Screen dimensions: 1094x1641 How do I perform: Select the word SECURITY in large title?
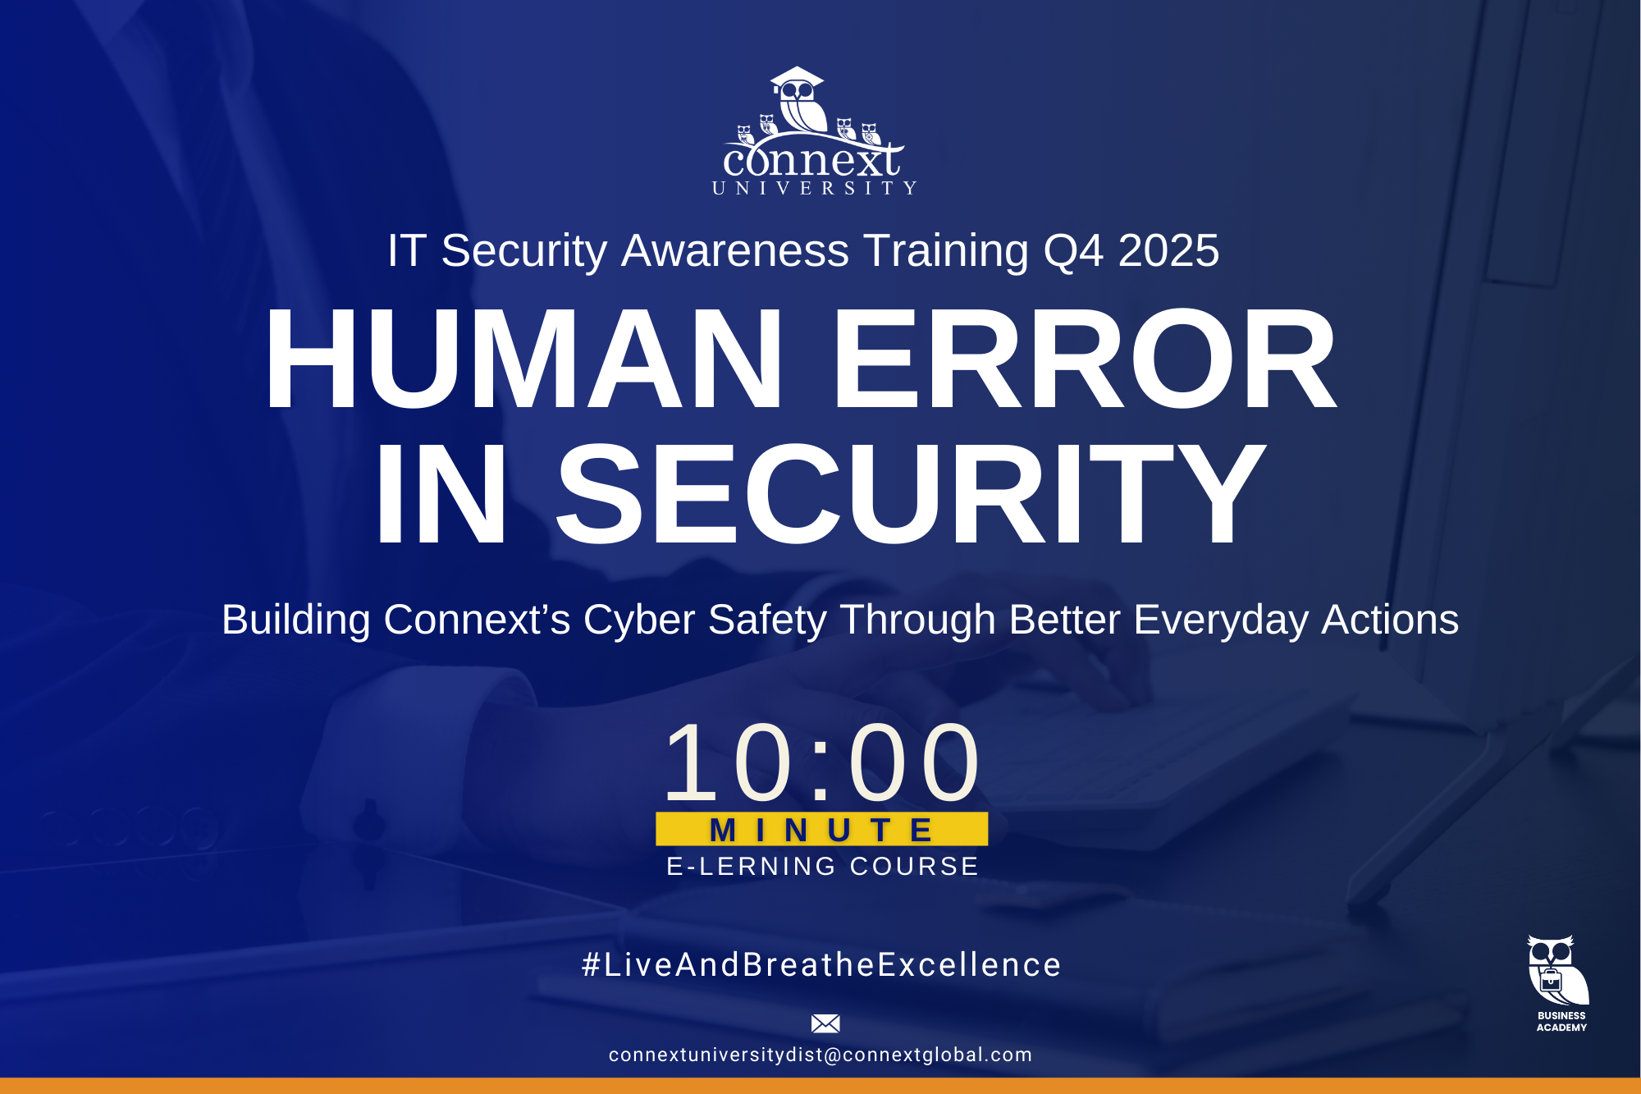point(911,494)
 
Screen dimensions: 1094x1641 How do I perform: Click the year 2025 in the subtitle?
point(1168,250)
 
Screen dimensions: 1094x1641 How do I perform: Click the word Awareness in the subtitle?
point(734,250)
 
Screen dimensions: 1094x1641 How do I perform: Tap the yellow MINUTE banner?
point(821,830)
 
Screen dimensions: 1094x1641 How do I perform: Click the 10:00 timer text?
point(821,762)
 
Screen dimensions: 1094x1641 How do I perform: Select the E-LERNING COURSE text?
point(822,867)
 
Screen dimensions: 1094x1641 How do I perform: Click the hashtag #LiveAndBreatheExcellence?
point(821,965)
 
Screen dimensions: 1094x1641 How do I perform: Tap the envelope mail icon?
point(825,1023)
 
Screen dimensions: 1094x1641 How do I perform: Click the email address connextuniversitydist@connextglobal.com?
point(820,1055)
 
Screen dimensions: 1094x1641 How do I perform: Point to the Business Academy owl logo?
point(1557,970)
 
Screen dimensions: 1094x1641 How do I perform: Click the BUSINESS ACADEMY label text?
point(1561,1022)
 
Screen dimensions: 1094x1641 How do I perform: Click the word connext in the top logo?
point(812,160)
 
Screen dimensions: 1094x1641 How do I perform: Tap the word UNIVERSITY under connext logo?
point(814,189)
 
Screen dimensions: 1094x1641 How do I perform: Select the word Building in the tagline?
point(295,620)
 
